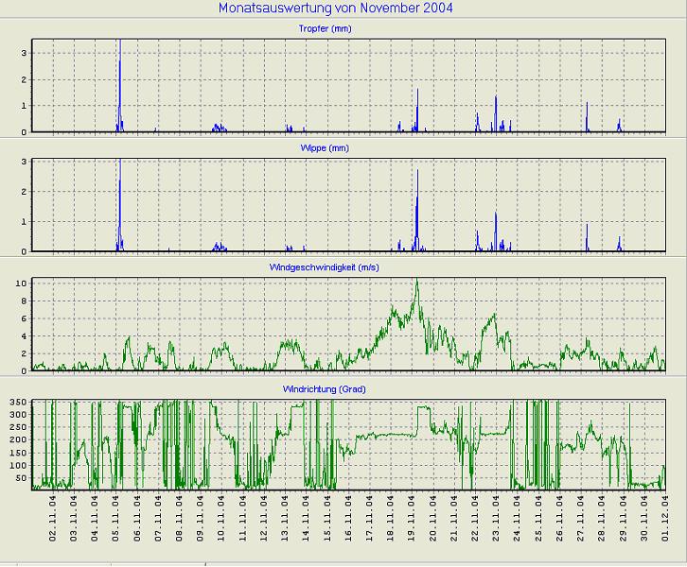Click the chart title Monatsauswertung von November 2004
pyautogui.click(x=335, y=9)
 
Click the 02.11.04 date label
pyautogui.click(x=53, y=521)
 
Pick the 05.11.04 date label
pyautogui.click(x=116, y=521)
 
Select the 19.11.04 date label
pyautogui.click(x=413, y=521)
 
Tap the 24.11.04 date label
pyautogui.click(x=518, y=521)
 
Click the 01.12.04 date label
pyautogui.click(x=666, y=521)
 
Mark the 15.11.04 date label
pyautogui.click(x=327, y=521)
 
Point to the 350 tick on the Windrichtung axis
pyautogui.click(x=17, y=403)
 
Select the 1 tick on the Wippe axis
pyautogui.click(x=24, y=222)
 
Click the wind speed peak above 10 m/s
pyautogui.click(x=415, y=281)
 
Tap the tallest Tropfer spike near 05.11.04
pyautogui.click(x=119, y=47)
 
